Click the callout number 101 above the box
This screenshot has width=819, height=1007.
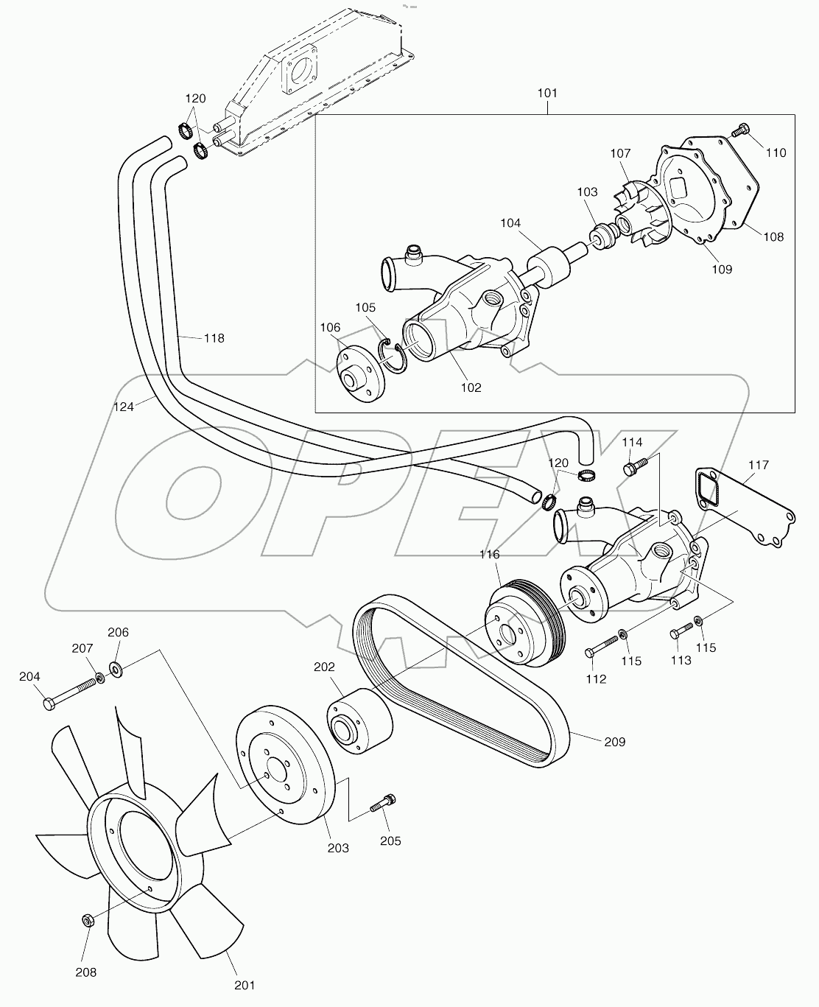point(547,94)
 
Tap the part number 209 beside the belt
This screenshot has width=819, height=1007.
point(614,742)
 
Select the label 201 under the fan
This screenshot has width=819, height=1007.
point(245,985)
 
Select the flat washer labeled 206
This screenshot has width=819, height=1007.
point(116,668)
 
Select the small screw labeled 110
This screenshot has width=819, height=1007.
point(739,132)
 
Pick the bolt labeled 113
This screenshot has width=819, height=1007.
point(682,631)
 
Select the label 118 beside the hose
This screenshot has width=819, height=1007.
point(214,338)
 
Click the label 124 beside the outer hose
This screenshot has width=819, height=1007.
point(124,406)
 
